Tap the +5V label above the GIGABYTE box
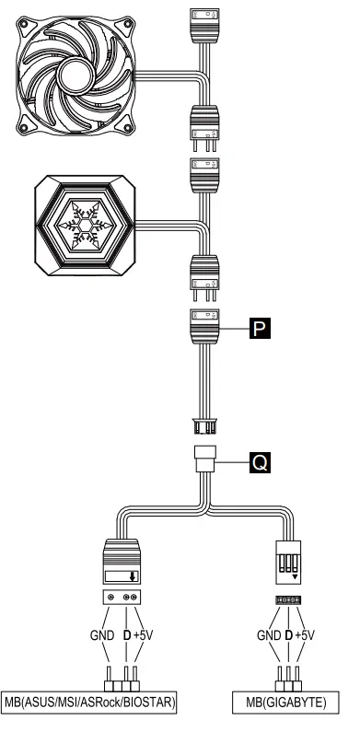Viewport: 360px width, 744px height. (305, 635)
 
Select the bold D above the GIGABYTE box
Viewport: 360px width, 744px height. (287, 635)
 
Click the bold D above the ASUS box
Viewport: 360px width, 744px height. (124, 635)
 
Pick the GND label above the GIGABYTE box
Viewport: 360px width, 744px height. (267, 635)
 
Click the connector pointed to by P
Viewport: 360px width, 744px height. (204, 326)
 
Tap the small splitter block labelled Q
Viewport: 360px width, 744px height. (204, 459)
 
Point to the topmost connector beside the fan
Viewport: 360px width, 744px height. (204, 20)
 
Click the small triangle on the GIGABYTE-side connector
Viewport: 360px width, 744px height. (294, 579)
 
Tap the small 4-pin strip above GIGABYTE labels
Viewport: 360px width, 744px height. (287, 600)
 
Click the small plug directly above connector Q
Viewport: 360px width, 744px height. (204, 425)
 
